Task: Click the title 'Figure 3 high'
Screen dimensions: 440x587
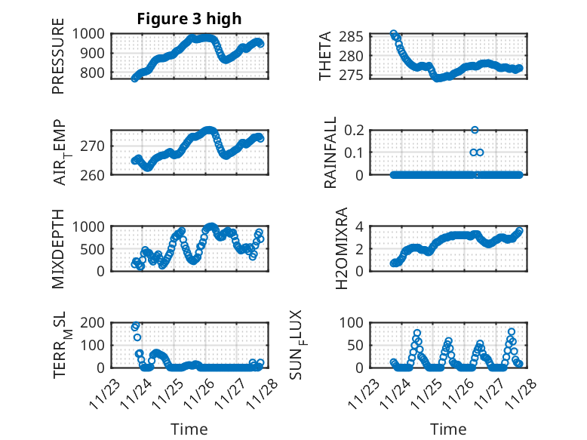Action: coord(189,19)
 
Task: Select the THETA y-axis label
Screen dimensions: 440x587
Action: coord(325,57)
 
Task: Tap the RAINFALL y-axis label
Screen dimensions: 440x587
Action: coord(330,152)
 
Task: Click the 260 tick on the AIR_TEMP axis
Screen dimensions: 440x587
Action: coord(96,174)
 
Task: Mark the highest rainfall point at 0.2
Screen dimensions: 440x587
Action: coord(475,130)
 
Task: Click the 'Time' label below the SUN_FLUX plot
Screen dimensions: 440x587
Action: coord(449,429)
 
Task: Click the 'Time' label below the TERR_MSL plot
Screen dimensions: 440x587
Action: coord(189,429)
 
